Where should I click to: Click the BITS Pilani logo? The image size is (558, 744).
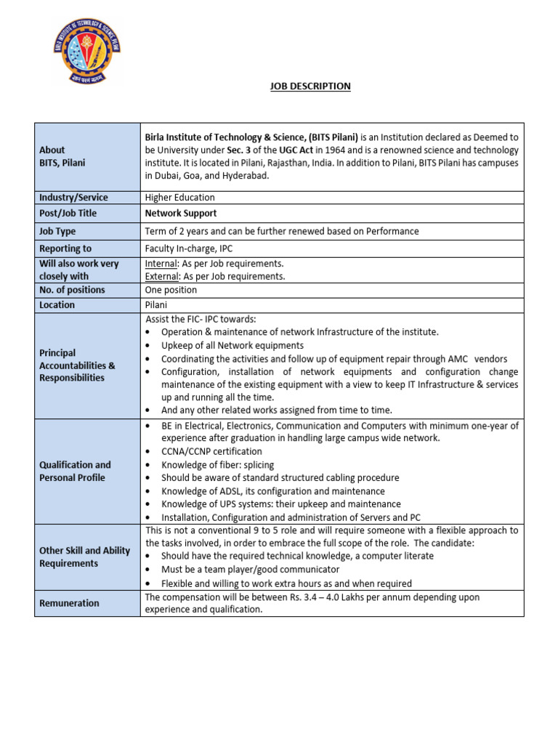87,52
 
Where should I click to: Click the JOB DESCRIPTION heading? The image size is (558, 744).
310,86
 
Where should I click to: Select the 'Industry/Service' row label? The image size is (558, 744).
73,198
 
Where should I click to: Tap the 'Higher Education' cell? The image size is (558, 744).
180,198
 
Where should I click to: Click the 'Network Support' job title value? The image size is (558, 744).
181,214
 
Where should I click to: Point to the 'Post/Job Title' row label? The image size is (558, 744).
68,214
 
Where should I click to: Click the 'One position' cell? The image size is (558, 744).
171,290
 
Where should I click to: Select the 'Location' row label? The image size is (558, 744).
57,305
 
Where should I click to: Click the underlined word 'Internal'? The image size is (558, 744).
161,264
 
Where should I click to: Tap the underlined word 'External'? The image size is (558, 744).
162,276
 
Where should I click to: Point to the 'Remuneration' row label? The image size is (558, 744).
69,603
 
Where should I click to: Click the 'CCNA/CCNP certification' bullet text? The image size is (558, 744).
211,451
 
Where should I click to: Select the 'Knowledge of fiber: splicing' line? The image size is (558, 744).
217,464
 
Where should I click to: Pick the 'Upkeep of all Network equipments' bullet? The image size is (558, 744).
232,346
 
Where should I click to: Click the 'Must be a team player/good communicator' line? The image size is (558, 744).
250,570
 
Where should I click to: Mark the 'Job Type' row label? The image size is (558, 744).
57,231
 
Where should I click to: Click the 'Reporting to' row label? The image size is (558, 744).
65,248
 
